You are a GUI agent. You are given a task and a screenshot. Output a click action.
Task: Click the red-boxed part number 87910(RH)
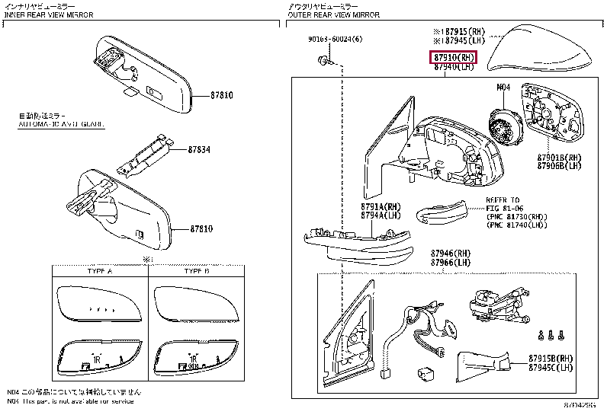point(454,58)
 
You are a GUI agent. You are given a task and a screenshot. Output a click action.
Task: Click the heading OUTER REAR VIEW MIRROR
point(333,14)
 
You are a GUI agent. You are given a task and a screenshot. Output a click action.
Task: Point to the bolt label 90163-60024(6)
point(336,40)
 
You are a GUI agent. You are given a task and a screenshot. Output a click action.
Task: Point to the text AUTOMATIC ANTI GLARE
point(61,123)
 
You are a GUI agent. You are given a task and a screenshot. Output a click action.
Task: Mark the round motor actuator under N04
point(503,124)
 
